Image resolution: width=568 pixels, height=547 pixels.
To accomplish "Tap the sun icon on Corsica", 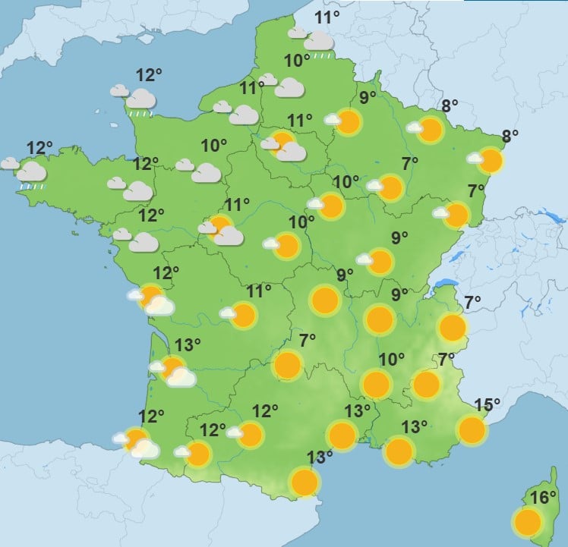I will tap(527, 522).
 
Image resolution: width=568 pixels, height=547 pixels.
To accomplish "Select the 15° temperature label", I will tap(488, 405).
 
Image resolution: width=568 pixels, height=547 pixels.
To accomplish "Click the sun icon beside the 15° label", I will tap(472, 430).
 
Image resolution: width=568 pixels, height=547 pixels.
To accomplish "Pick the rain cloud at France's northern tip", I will tap(319, 42).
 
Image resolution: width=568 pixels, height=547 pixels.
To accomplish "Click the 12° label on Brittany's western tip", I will tap(39, 147).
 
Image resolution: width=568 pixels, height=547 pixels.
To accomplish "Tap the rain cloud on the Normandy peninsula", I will tap(140, 99).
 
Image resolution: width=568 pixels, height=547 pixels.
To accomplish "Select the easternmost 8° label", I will tap(510, 137).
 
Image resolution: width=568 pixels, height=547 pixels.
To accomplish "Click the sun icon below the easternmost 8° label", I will tap(491, 161).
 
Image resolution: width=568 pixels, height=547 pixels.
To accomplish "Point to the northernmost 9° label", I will tap(368, 97).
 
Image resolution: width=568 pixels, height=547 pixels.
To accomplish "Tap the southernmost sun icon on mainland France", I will tap(305, 482).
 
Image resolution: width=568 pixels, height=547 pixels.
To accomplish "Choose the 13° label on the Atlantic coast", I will tap(188, 345).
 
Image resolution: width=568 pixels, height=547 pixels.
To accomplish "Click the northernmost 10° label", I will tap(297, 60).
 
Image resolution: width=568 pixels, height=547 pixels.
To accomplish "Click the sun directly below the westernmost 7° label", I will tap(288, 365).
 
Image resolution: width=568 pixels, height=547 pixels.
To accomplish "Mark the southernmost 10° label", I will tap(392, 359).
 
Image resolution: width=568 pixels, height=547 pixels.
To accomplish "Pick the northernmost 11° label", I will tap(327, 18).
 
